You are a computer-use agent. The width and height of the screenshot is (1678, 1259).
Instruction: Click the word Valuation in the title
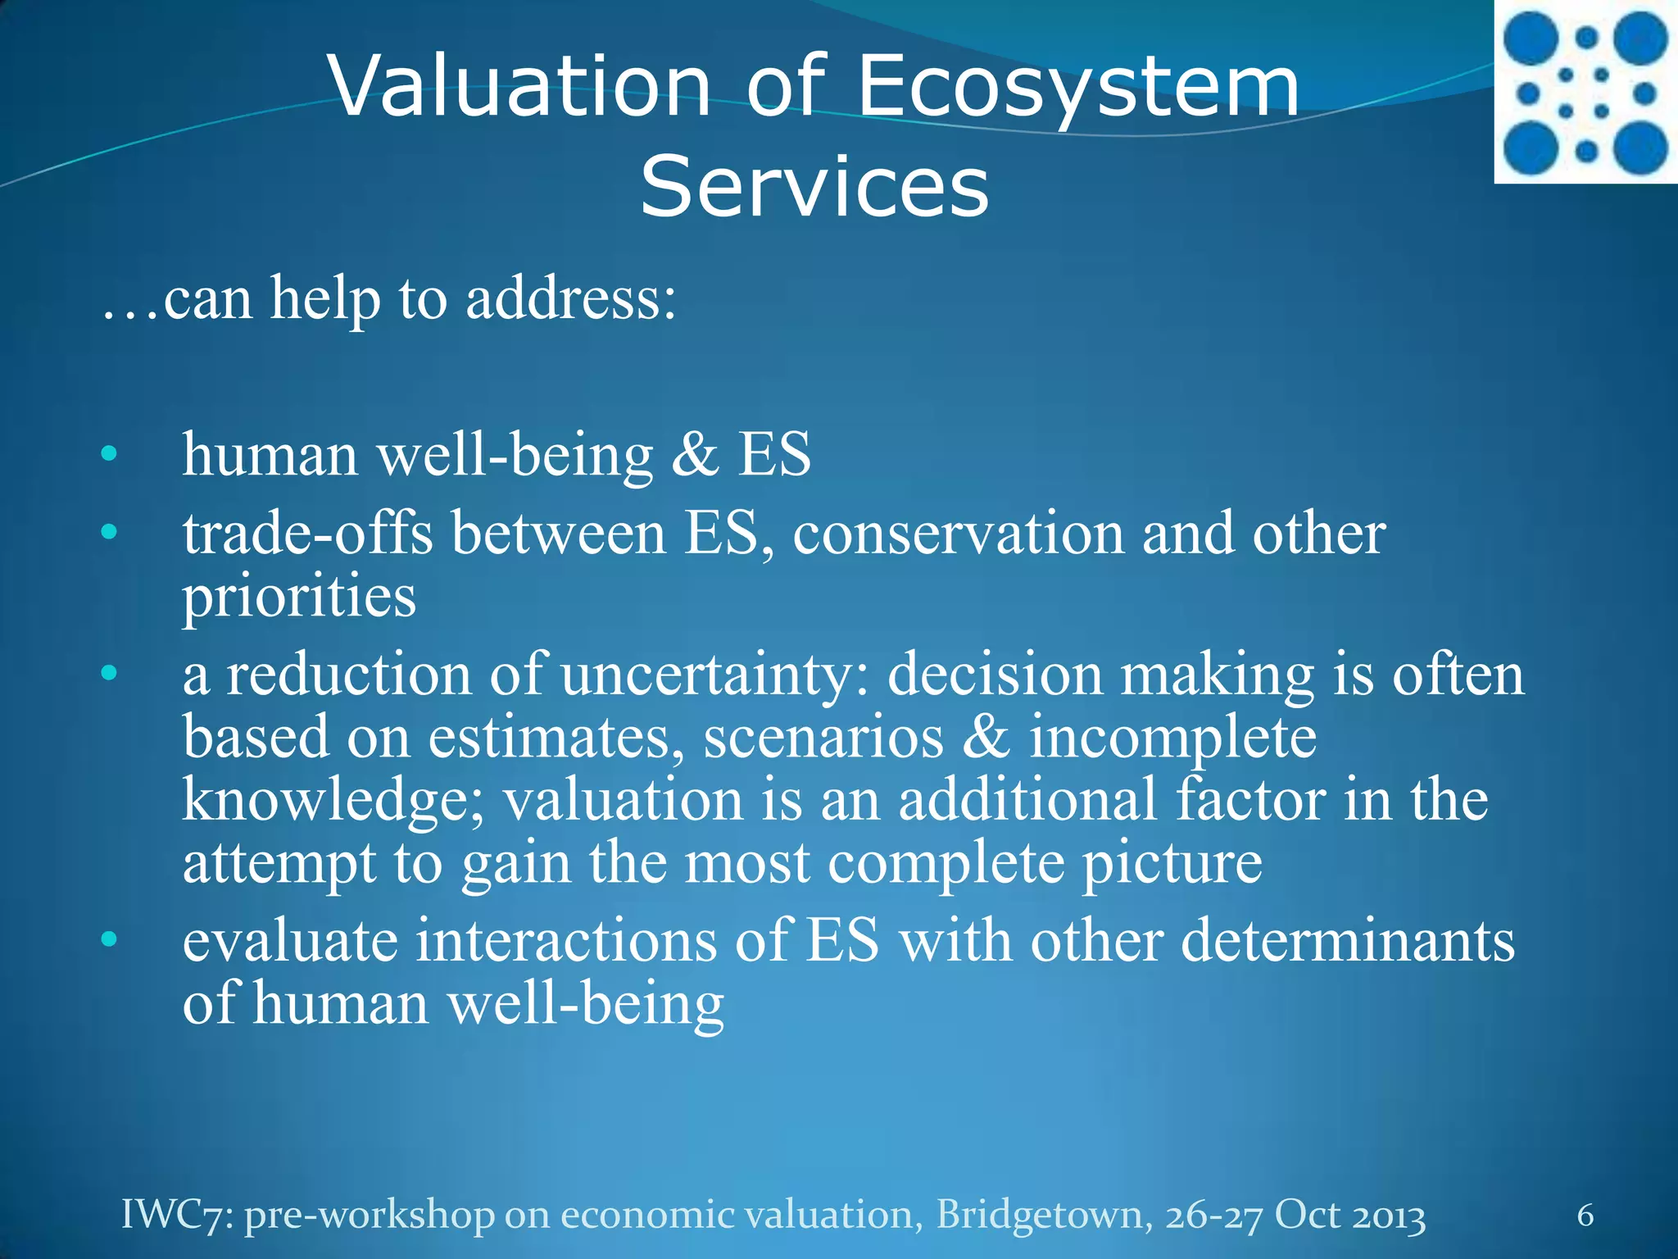(520, 86)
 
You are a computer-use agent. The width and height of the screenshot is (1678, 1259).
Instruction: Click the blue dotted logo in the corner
(1585, 92)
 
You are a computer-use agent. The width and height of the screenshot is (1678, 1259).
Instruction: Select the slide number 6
(1585, 1215)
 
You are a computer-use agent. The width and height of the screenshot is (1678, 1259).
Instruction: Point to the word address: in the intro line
(571, 298)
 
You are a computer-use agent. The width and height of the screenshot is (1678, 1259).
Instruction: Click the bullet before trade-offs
(109, 534)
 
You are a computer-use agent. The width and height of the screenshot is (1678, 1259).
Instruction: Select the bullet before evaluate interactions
(109, 940)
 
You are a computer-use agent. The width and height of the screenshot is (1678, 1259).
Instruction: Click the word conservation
(959, 534)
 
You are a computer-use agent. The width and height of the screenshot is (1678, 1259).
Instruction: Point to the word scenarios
(823, 737)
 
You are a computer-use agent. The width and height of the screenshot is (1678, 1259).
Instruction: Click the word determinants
(1348, 940)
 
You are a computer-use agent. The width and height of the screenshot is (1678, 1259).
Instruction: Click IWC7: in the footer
(178, 1215)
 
